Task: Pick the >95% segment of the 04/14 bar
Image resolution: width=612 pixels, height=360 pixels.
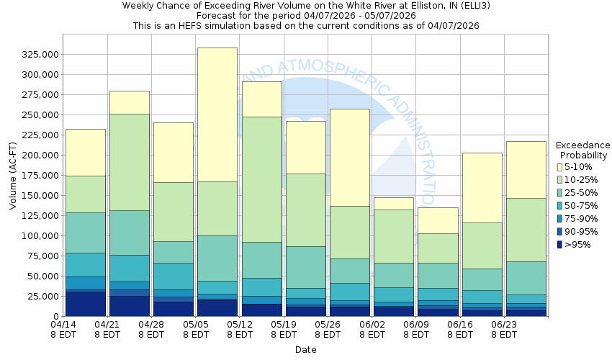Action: tap(85, 303)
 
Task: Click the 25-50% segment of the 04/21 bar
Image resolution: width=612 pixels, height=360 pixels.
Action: tap(129, 233)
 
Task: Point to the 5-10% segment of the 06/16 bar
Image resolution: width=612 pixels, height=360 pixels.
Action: tap(482, 187)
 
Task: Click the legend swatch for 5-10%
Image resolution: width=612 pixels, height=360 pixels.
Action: tap(559, 167)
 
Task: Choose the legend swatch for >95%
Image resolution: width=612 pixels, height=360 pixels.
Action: tap(559, 245)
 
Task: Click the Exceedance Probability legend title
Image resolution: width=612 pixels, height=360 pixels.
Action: tap(584, 149)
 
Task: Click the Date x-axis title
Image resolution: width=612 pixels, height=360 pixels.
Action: tap(306, 349)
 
